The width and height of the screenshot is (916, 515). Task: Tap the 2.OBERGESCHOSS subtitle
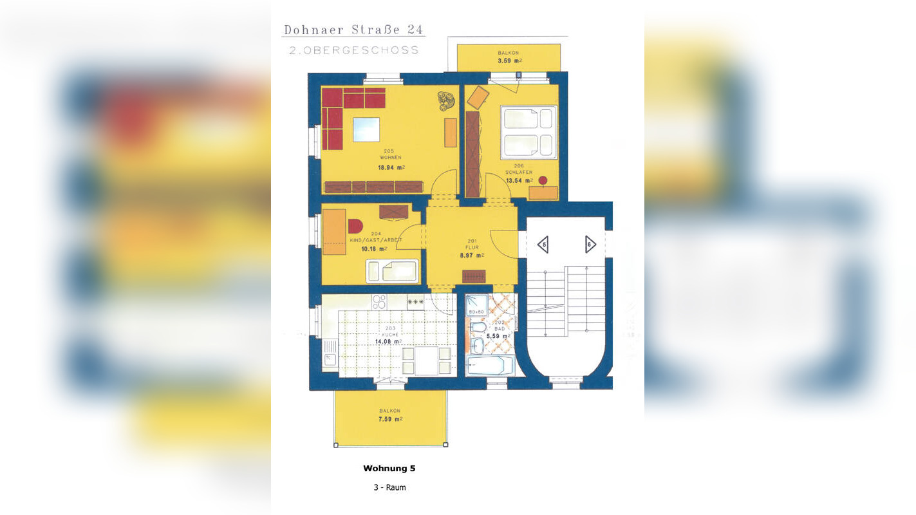tap(354, 50)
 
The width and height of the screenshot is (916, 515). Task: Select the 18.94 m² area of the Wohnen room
tap(391, 167)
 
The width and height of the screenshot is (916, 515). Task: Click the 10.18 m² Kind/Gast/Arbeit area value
tap(373, 248)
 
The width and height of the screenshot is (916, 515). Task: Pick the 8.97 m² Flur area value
tap(472, 255)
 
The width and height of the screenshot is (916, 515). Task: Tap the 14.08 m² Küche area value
tap(390, 342)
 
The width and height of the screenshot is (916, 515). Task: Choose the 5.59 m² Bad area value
tap(498, 336)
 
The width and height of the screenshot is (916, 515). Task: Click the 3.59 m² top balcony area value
tap(509, 61)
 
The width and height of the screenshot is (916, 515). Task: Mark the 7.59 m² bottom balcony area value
tap(390, 419)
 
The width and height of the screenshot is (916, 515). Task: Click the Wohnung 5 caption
tap(389, 469)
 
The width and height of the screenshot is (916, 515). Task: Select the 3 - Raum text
tap(389, 487)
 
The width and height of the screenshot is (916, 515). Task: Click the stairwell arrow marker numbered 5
tap(543, 245)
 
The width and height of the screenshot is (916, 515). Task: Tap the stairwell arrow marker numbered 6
tap(590, 245)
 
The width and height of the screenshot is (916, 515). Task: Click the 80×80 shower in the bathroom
tap(476, 306)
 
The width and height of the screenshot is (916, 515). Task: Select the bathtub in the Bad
tap(489, 366)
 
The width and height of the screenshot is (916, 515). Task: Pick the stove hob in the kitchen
tap(379, 301)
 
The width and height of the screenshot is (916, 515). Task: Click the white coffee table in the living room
tap(366, 129)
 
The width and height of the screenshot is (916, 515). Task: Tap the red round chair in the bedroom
tap(543, 181)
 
